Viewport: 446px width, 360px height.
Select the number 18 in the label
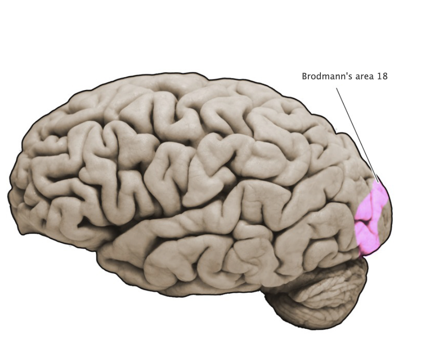click(382, 77)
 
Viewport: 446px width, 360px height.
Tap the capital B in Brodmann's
click(305, 77)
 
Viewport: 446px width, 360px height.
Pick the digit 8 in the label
click(385, 77)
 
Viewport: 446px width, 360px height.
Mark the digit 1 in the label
click(380, 77)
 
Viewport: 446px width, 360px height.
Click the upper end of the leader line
click(337, 89)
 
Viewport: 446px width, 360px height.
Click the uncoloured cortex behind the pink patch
click(386, 218)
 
